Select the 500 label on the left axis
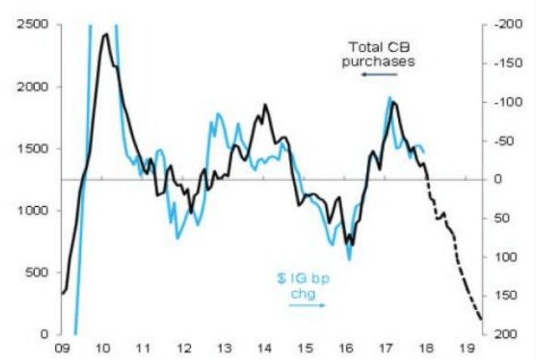(41, 272)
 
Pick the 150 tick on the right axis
(501, 296)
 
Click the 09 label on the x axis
(63, 349)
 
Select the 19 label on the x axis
(467, 349)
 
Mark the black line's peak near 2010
(105, 34)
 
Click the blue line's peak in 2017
(390, 97)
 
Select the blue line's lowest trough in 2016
(350, 260)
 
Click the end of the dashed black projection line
(481, 320)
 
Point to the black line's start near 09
(62, 294)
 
